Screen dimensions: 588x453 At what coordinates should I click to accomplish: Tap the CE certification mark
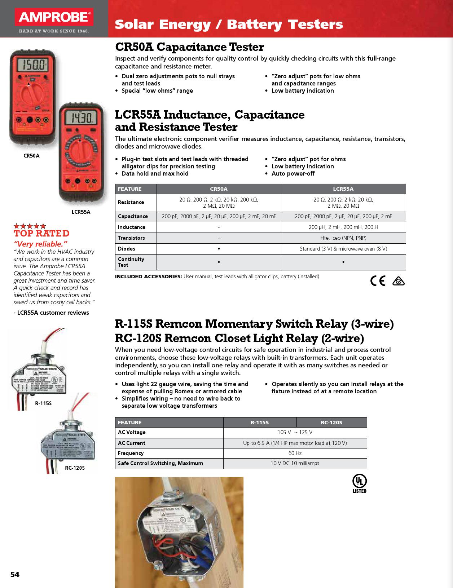(x=378, y=280)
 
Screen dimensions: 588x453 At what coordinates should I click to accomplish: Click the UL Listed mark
(x=359, y=483)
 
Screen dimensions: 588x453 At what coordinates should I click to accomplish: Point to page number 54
(x=15, y=574)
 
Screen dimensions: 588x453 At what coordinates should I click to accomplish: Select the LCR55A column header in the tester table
(x=343, y=189)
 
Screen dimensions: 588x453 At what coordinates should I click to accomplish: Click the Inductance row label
(x=132, y=227)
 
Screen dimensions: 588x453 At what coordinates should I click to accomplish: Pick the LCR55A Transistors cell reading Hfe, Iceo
(x=343, y=238)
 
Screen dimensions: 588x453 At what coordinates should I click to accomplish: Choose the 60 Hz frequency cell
(x=295, y=453)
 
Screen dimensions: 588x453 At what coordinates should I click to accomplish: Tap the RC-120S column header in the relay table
(x=331, y=423)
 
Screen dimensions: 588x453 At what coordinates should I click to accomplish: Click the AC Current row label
(x=132, y=443)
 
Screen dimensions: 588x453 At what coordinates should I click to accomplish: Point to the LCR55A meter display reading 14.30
(x=82, y=117)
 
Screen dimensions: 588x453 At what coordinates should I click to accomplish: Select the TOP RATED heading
(x=41, y=233)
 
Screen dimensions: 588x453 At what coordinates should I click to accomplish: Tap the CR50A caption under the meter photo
(x=31, y=156)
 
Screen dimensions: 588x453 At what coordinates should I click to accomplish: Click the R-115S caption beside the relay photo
(x=43, y=403)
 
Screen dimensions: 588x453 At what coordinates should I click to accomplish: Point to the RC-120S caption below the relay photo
(x=75, y=468)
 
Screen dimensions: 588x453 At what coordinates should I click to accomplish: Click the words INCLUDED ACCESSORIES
(x=148, y=277)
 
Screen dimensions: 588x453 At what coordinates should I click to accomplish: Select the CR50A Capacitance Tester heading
(x=189, y=47)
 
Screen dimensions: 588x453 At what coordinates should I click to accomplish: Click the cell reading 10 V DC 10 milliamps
(x=295, y=463)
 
